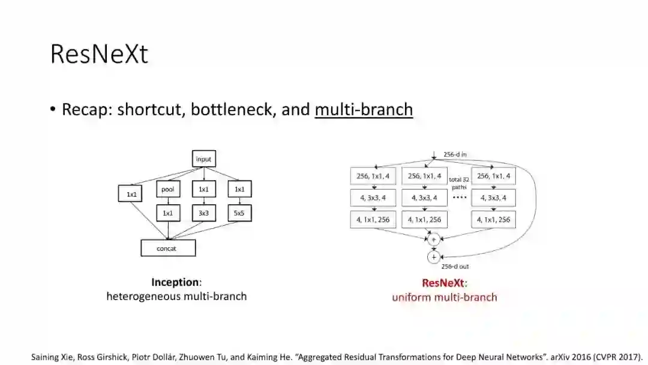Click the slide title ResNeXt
click(99, 54)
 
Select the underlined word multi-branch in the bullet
click(364, 109)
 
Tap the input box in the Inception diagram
click(203, 159)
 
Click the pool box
click(167, 190)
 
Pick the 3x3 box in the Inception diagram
click(203, 213)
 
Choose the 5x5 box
click(239, 213)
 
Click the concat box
click(167, 248)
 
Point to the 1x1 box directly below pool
click(167, 213)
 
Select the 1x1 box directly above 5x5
click(239, 190)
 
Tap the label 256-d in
click(455, 155)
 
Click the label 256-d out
click(455, 266)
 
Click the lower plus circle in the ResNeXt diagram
click(433, 257)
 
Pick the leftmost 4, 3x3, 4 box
click(373, 198)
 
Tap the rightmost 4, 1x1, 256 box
click(494, 220)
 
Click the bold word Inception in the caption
click(175, 282)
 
